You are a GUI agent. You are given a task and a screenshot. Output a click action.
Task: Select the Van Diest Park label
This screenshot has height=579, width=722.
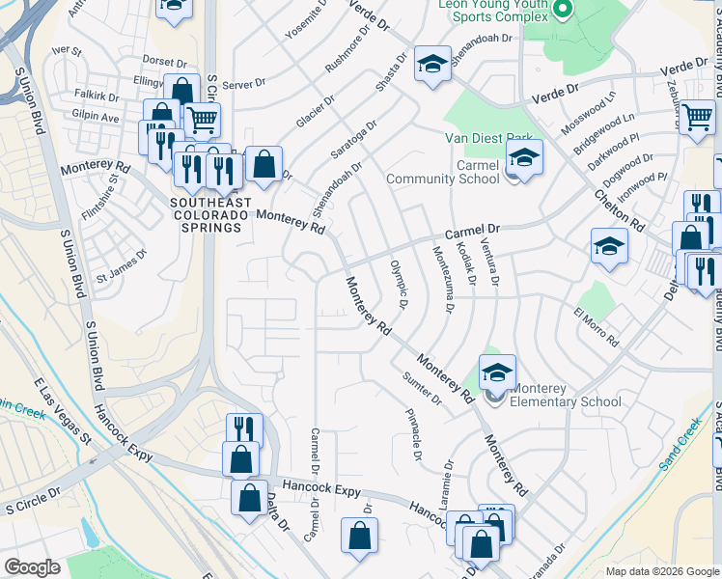(488, 139)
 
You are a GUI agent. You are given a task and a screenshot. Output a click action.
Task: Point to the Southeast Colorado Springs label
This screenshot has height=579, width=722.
(210, 215)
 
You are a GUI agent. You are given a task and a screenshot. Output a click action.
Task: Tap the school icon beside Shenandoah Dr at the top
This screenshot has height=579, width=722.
(433, 66)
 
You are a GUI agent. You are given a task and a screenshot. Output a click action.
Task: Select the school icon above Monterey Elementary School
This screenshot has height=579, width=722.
(497, 372)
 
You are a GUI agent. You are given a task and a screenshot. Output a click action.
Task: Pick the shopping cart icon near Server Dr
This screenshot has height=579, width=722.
(202, 120)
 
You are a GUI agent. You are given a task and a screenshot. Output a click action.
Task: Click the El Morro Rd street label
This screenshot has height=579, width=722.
(596, 328)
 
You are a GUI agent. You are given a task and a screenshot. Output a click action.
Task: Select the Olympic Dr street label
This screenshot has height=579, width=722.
(400, 284)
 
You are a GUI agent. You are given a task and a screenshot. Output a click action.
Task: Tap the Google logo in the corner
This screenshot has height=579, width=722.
(32, 567)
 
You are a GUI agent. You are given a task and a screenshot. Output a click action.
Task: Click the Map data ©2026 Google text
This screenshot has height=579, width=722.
(661, 571)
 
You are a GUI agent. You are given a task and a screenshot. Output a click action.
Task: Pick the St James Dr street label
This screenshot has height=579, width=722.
(121, 267)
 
